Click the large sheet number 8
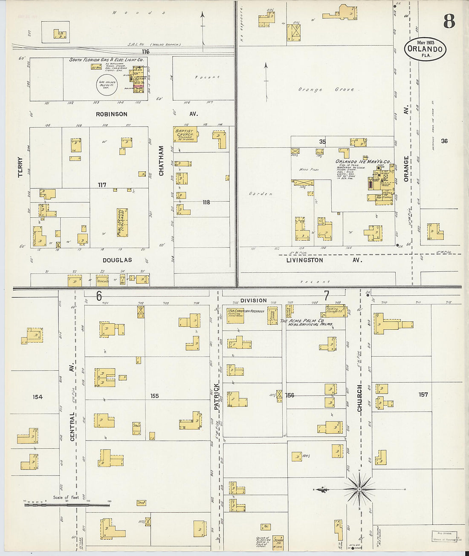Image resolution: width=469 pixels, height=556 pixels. coord(449,21)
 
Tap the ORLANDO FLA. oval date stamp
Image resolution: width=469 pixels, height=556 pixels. coord(425,49)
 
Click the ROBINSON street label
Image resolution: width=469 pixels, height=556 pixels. coord(111,114)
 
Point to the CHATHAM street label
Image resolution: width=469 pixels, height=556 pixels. coord(161,161)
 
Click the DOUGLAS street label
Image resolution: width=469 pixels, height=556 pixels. coord(117,260)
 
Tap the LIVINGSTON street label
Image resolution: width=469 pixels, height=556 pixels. coord(304,260)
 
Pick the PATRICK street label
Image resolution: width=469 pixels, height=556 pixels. coord(216,397)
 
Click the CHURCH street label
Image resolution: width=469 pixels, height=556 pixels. coord(359,398)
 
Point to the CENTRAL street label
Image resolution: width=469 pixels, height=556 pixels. coord(72,426)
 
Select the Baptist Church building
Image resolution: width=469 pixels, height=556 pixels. coord(185,134)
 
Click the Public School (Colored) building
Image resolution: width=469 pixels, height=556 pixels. coord(122,222)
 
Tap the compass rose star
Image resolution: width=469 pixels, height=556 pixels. coord(359,490)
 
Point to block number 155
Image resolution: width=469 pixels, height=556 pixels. coord(154,396)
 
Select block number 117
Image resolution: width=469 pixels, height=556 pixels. coord(101,185)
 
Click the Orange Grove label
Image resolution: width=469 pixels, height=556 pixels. coord(326,89)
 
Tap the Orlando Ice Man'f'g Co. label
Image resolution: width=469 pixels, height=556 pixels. coord(363,161)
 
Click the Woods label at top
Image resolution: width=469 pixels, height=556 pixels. coord(138,13)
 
